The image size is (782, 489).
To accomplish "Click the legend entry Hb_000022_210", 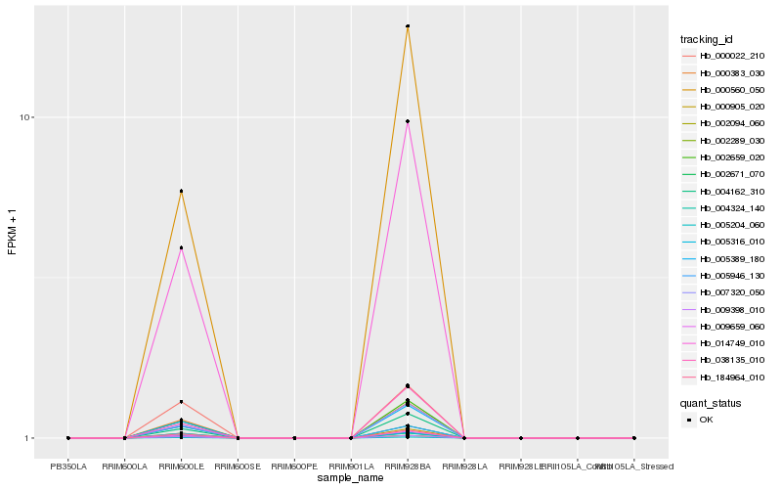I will click(x=724, y=56).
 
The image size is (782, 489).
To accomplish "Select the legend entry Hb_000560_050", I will click(x=724, y=89).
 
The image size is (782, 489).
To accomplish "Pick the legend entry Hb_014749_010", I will click(x=724, y=343).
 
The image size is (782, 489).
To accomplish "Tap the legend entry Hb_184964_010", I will click(x=724, y=377).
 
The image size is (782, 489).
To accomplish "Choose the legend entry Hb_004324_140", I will click(x=724, y=208).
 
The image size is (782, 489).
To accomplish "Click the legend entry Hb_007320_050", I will click(x=724, y=292).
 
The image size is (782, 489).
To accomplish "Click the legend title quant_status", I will click(x=711, y=402).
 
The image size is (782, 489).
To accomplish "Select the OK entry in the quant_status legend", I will click(x=707, y=420).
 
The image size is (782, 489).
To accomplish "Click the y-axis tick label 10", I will click(x=28, y=117).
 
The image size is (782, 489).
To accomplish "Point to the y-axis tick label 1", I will click(x=31, y=438).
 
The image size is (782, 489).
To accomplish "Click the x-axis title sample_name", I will click(x=351, y=477).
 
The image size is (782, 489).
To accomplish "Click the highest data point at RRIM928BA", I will click(x=407, y=26).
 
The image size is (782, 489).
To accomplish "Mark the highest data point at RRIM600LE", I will click(x=181, y=192).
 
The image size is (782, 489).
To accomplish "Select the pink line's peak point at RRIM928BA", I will click(x=407, y=121).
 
